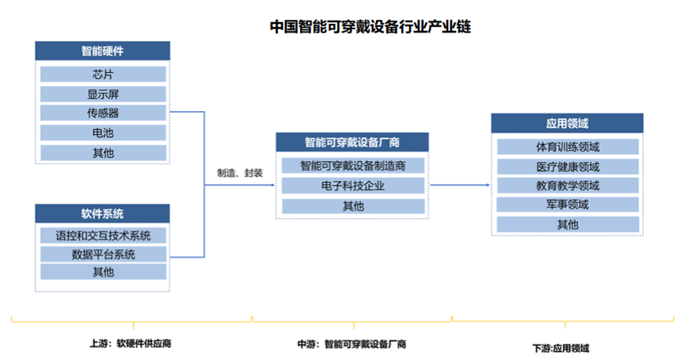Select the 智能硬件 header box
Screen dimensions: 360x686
click(103, 52)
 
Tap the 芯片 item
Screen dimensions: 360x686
click(103, 75)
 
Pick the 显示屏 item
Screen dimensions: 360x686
click(103, 94)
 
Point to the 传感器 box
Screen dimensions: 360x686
click(103, 113)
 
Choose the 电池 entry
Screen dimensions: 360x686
click(103, 132)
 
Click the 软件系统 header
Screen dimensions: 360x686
click(103, 214)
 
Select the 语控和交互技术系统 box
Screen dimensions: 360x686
click(103, 236)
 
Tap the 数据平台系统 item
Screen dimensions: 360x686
click(103, 255)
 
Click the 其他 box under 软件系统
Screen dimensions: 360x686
click(103, 273)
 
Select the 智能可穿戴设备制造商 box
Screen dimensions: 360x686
click(353, 167)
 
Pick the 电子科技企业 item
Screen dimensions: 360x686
click(353, 186)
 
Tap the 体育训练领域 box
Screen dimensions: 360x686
click(567, 147)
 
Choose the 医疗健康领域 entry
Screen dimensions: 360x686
click(567, 167)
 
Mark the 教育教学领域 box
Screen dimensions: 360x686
click(567, 186)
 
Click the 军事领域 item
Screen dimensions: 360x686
click(567, 205)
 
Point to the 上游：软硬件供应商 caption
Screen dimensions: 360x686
click(131, 344)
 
